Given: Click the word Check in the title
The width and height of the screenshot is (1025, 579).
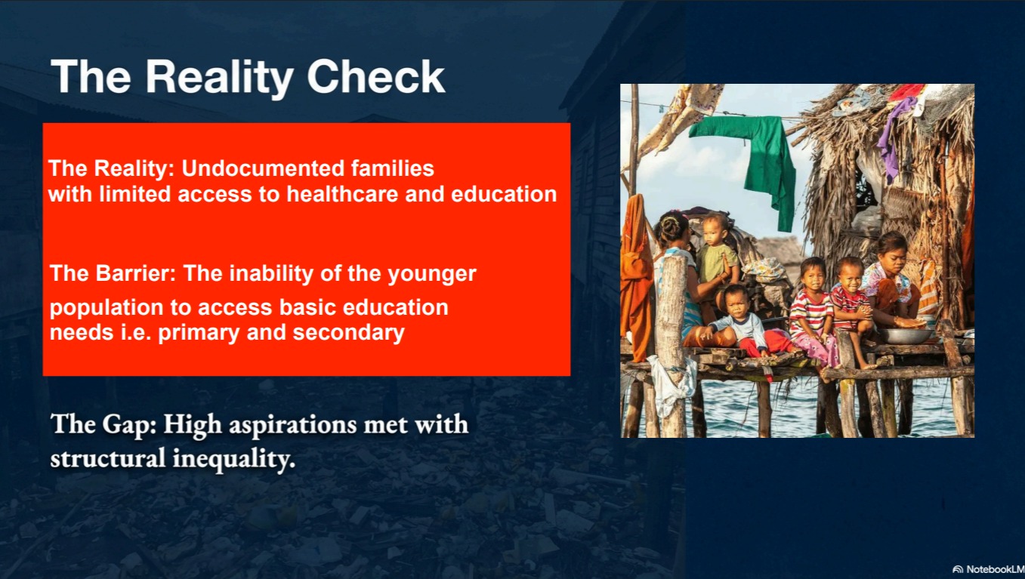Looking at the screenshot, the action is tap(375, 76).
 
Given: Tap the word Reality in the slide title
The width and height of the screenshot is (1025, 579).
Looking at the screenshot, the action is tap(219, 79).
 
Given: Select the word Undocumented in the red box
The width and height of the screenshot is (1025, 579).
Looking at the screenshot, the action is tap(263, 168).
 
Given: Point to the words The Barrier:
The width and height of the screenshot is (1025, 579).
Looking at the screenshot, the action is tap(113, 273).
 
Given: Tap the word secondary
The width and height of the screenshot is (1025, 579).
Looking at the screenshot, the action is tap(349, 332).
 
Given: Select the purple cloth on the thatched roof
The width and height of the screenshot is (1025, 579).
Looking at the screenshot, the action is tap(894, 137).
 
